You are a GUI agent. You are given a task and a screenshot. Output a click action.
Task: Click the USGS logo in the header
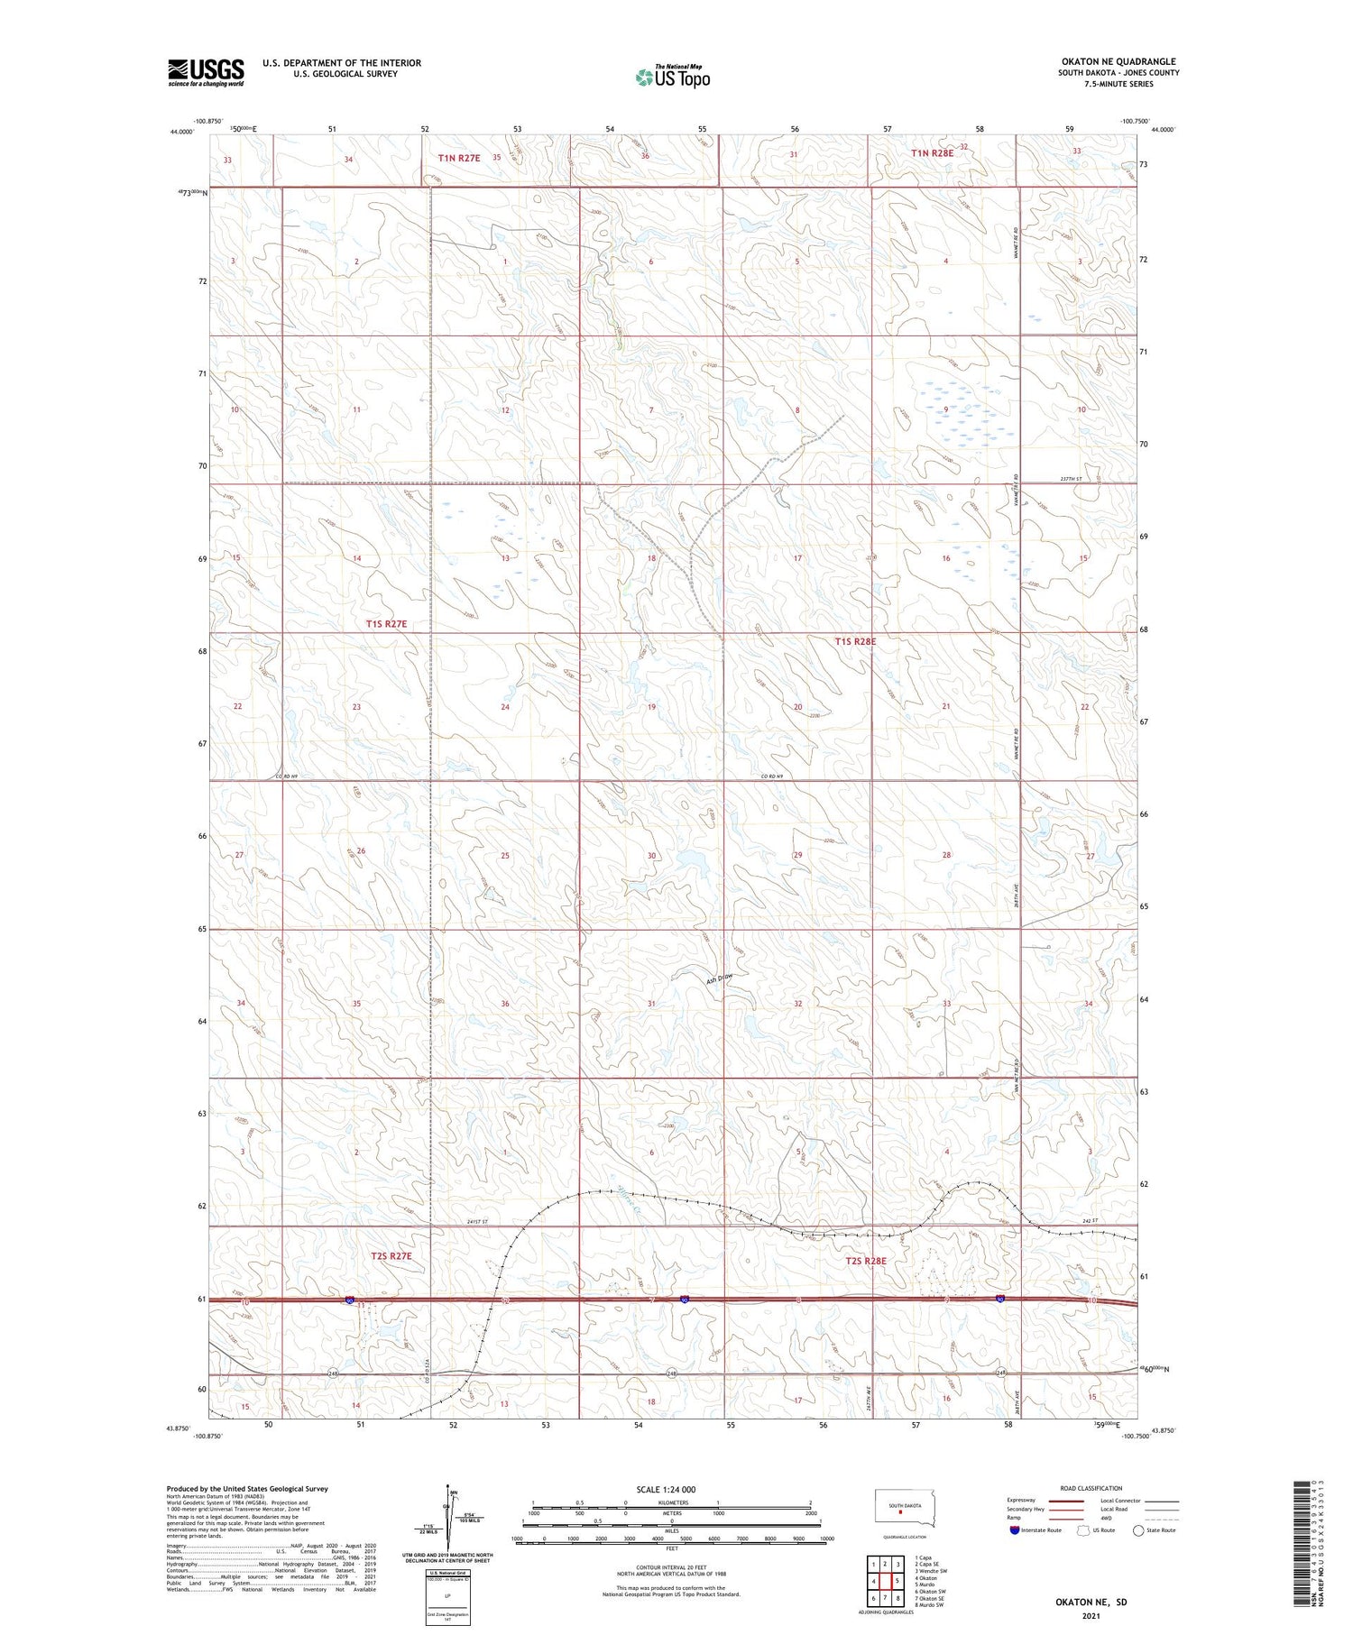(206, 72)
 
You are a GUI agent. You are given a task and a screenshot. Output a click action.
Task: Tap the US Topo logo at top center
(672, 78)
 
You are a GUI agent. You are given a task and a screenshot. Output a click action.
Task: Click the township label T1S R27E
(387, 624)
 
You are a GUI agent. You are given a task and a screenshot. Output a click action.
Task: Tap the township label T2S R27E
(390, 1255)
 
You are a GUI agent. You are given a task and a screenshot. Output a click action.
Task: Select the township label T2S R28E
(865, 1260)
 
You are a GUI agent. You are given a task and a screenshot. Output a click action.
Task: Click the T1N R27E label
(459, 158)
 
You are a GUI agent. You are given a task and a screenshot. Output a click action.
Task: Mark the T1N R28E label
(932, 153)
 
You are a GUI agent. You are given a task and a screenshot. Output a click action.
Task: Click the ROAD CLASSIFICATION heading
(1091, 1488)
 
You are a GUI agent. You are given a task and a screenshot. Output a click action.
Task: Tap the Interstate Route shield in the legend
(1014, 1529)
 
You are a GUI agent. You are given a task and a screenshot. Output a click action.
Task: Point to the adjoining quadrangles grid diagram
(886, 1580)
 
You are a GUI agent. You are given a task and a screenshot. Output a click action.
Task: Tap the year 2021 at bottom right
(1091, 1616)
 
